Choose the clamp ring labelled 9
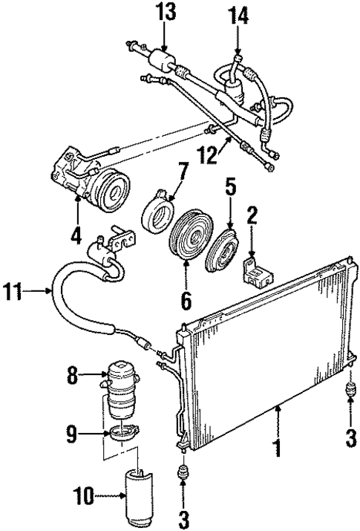pos(124,433)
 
